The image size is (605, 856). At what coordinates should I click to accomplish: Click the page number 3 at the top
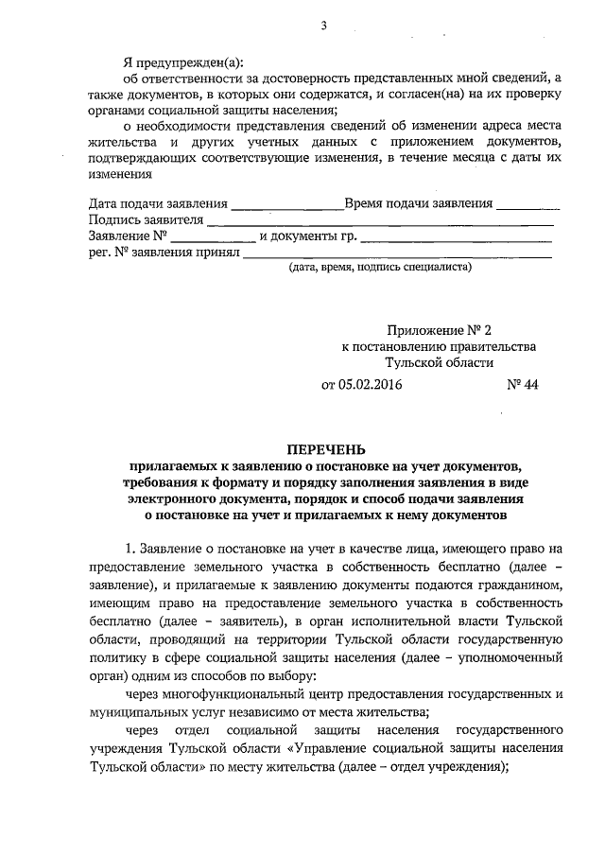323,26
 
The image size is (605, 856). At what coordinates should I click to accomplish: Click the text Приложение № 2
439,330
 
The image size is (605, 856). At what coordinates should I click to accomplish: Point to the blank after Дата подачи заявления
286,205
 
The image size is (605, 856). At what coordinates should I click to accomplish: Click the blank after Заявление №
213,237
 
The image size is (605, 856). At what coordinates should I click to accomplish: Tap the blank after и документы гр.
455,237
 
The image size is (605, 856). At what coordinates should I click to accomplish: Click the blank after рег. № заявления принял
398,253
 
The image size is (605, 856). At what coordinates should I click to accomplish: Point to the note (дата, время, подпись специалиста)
379,268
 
